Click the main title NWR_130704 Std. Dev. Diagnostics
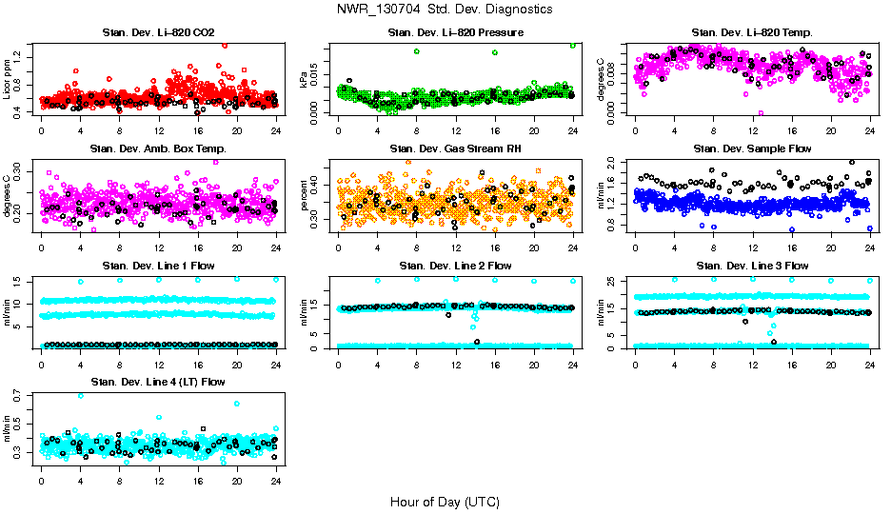click(x=445, y=9)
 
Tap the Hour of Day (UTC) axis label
click(x=445, y=502)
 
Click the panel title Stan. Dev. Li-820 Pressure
click(x=455, y=33)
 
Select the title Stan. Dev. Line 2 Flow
click(x=455, y=266)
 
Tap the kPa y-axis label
click(x=304, y=79)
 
